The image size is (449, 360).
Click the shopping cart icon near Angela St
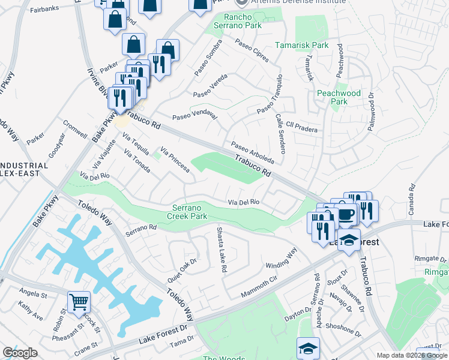tap(79, 302)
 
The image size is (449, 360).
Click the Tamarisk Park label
tap(301, 45)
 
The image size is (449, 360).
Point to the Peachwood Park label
tap(339, 97)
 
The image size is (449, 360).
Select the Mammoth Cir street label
tap(259, 287)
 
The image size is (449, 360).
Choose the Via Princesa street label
tap(175, 159)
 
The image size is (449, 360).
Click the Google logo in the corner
tap(20, 353)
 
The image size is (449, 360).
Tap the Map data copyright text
tap(412, 355)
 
